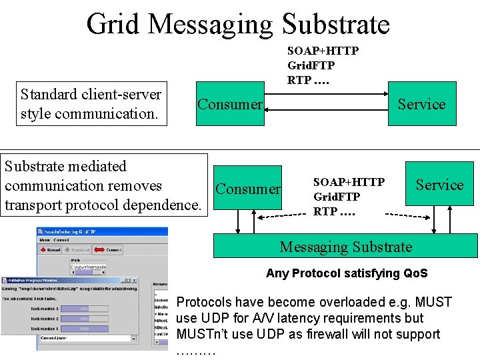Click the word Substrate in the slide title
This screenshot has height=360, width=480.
335,24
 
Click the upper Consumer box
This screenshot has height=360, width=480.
230,105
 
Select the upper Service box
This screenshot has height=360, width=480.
422,105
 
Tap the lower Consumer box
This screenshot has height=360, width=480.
248,189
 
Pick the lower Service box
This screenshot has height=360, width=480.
439,185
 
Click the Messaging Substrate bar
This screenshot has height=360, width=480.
345,247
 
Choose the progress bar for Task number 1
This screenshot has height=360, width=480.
85,329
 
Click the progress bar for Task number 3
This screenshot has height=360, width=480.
85,309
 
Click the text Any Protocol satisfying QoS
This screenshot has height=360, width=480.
347,273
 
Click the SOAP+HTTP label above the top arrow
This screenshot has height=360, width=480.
323,51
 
